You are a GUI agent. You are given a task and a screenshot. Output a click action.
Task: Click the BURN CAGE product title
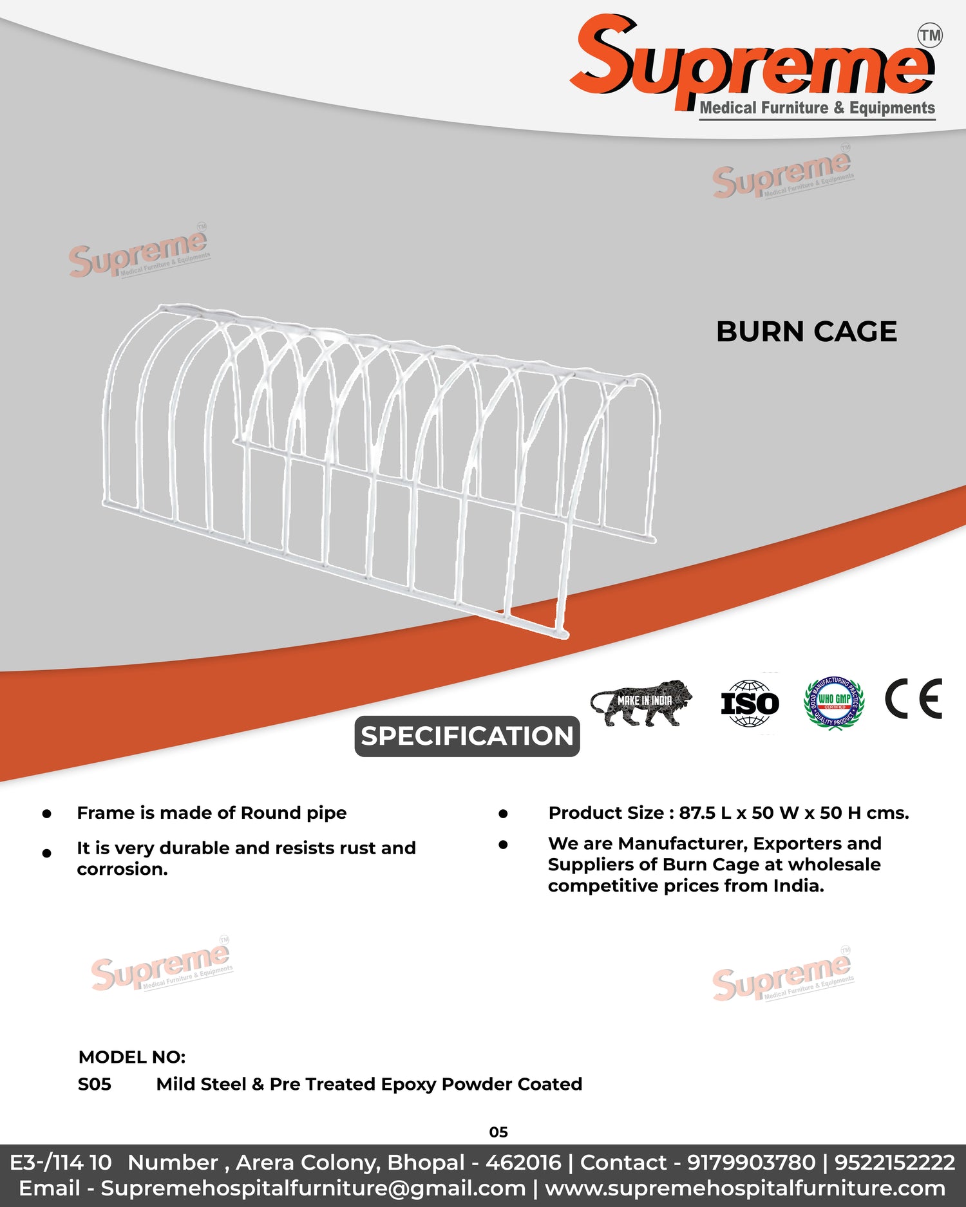806,332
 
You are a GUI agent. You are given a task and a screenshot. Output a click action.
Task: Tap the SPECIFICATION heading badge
467,736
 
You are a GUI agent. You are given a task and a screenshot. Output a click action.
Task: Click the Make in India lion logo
641,702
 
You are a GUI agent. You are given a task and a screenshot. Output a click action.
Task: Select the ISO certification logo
750,703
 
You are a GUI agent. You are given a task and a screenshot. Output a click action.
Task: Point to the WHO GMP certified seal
834,702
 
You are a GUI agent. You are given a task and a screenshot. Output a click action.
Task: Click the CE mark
913,698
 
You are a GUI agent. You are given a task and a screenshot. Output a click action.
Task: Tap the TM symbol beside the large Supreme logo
930,35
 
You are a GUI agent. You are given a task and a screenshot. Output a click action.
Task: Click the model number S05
95,1084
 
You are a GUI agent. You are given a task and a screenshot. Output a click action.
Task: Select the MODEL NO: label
132,1057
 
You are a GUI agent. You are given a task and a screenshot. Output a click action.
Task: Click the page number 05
498,1132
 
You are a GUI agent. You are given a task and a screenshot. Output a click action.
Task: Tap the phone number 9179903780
751,1163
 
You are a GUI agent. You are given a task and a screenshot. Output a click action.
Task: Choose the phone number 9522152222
895,1163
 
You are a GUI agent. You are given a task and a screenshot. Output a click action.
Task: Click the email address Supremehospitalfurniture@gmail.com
313,1188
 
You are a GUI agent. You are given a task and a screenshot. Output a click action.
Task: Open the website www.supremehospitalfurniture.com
745,1188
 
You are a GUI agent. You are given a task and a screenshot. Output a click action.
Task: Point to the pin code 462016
524,1163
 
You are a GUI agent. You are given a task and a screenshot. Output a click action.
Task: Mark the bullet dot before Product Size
503,814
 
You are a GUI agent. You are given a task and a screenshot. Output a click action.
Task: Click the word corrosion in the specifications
122,869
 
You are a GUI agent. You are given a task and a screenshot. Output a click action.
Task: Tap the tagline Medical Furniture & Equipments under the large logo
817,108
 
